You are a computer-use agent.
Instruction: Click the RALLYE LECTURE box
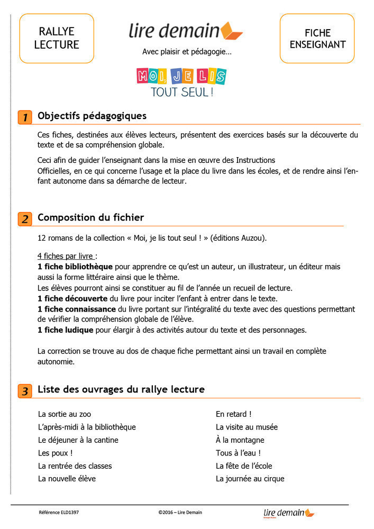(x=57, y=38)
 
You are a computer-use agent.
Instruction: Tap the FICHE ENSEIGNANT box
(x=317, y=38)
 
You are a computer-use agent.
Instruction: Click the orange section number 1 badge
(x=24, y=117)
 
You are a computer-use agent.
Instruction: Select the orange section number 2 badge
(x=24, y=218)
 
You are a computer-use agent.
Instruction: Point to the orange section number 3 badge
(x=24, y=391)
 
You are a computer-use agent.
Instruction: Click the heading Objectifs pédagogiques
(x=92, y=116)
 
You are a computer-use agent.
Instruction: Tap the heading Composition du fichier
(x=90, y=217)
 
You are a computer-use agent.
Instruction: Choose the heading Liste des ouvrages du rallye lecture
(x=121, y=390)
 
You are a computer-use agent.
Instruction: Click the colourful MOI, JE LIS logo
(x=181, y=76)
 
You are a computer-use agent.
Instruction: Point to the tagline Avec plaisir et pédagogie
(x=187, y=52)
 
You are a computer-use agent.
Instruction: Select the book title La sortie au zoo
(x=68, y=414)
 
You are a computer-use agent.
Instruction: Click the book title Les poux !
(x=55, y=453)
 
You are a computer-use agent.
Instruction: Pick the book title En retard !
(x=233, y=414)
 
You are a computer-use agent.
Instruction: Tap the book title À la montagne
(x=240, y=440)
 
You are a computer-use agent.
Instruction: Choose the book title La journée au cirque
(x=250, y=479)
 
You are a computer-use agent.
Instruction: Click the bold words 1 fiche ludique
(x=65, y=330)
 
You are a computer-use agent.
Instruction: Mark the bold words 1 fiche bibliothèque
(x=75, y=267)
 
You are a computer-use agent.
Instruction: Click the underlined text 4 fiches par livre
(x=67, y=256)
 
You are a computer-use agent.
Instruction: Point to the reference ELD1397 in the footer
(x=59, y=512)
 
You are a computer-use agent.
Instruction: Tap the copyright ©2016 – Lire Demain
(x=180, y=512)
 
